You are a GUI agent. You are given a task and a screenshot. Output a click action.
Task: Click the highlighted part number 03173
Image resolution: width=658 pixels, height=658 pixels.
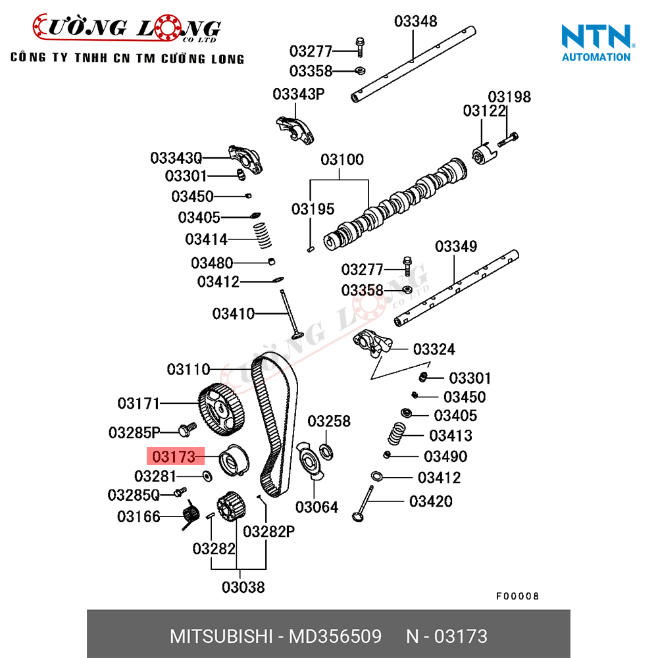pyautogui.click(x=174, y=456)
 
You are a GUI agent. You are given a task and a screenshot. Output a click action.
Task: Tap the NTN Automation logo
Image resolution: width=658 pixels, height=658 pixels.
pyautogui.click(x=596, y=43)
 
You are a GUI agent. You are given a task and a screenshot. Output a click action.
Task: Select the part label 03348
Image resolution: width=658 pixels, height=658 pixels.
pyautogui.click(x=415, y=21)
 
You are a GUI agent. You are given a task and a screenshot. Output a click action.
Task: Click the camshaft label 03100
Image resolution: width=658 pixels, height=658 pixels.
pyautogui.click(x=342, y=160)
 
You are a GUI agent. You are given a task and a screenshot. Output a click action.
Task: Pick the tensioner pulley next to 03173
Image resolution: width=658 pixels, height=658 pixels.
pyautogui.click(x=232, y=459)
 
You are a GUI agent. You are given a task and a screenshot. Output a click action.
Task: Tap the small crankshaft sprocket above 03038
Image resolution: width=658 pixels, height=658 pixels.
pyautogui.click(x=230, y=507)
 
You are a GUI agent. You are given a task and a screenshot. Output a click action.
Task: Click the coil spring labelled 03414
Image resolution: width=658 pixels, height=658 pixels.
pyautogui.click(x=263, y=235)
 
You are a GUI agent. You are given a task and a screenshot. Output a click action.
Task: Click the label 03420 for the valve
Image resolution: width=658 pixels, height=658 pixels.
pyautogui.click(x=431, y=501)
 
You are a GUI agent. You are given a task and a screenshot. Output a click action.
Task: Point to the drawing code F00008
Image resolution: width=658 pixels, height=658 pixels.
pyautogui.click(x=517, y=596)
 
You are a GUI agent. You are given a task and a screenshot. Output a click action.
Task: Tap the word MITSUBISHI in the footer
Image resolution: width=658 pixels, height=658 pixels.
pyautogui.click(x=220, y=636)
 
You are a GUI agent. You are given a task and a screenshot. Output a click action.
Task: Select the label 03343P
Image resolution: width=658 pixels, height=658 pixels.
pyautogui.click(x=299, y=94)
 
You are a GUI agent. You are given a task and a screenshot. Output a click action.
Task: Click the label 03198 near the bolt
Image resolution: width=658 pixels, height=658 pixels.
pyautogui.click(x=509, y=97)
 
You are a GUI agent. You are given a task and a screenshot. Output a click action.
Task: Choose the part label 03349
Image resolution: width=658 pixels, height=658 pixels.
pyautogui.click(x=456, y=247)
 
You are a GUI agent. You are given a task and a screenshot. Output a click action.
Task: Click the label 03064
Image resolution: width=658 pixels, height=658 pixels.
pyautogui.click(x=316, y=507)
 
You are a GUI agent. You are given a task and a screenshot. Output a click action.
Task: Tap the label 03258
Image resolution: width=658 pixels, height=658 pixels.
pyautogui.click(x=329, y=421)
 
